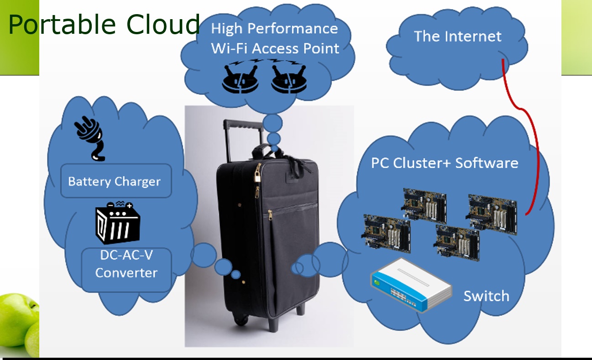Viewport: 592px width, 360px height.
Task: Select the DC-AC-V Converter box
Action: tap(126, 265)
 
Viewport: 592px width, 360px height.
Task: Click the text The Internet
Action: tap(457, 37)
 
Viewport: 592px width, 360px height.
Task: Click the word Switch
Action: tap(486, 296)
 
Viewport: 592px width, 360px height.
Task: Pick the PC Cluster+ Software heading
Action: tap(444, 163)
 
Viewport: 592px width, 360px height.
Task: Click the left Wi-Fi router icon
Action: tap(241, 78)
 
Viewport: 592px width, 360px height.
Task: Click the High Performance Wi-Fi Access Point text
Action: tap(275, 38)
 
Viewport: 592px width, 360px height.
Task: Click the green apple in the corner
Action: tap(16, 319)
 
